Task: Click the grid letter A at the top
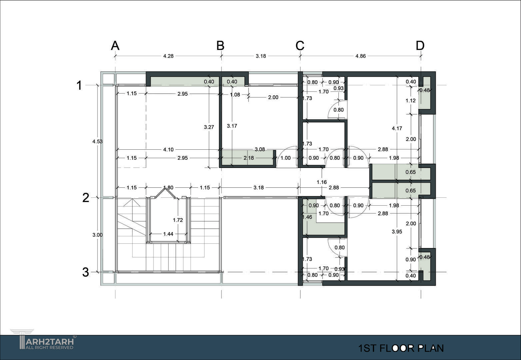(115, 46)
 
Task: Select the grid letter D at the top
(420, 46)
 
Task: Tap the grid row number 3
(86, 272)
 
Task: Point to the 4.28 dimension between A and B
(168, 56)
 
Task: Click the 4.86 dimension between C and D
(360, 56)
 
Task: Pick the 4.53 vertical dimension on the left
(98, 141)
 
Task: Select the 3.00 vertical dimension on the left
(98, 235)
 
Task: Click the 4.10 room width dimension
(168, 150)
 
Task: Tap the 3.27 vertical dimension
(209, 127)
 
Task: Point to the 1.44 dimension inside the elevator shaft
(168, 234)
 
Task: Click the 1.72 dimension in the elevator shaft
(178, 220)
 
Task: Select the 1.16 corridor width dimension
(322, 182)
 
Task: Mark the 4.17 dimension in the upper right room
(397, 128)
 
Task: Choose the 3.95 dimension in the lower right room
(397, 232)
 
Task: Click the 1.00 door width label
(285, 158)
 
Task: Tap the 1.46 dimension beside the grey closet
(307, 217)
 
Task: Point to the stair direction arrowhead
(132, 202)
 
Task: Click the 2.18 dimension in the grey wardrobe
(249, 158)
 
